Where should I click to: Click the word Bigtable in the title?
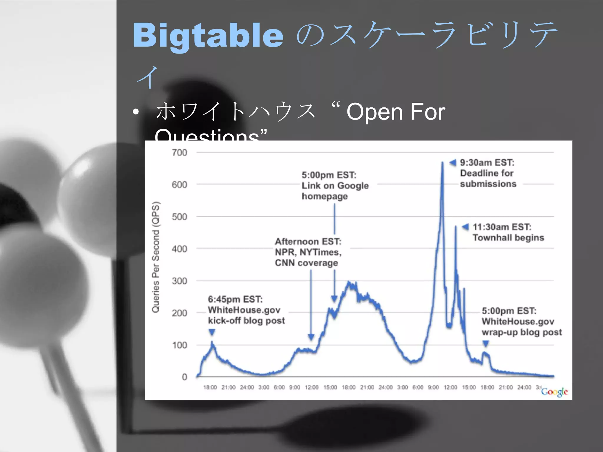tap(208, 36)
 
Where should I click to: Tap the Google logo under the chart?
tap(554, 392)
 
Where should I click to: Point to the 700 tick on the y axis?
tap(179, 152)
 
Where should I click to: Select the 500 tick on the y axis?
tap(179, 217)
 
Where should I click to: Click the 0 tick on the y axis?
tap(184, 377)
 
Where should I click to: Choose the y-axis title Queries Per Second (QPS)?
tap(155, 257)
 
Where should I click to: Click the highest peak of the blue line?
tap(442, 163)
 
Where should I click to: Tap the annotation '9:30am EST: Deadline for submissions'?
tap(488, 173)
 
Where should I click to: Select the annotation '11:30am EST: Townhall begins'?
tap(508, 232)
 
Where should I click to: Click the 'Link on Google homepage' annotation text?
tap(335, 186)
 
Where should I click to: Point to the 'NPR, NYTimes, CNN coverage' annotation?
tap(308, 252)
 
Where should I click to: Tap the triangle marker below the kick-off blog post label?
tap(212, 332)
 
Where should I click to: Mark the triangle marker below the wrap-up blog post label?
tap(486, 343)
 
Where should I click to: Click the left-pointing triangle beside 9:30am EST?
tap(453, 162)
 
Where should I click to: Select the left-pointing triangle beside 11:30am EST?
tap(465, 227)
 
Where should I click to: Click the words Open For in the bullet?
tap(396, 112)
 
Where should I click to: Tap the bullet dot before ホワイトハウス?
tap(135, 112)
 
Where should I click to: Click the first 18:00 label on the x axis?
tap(210, 387)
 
